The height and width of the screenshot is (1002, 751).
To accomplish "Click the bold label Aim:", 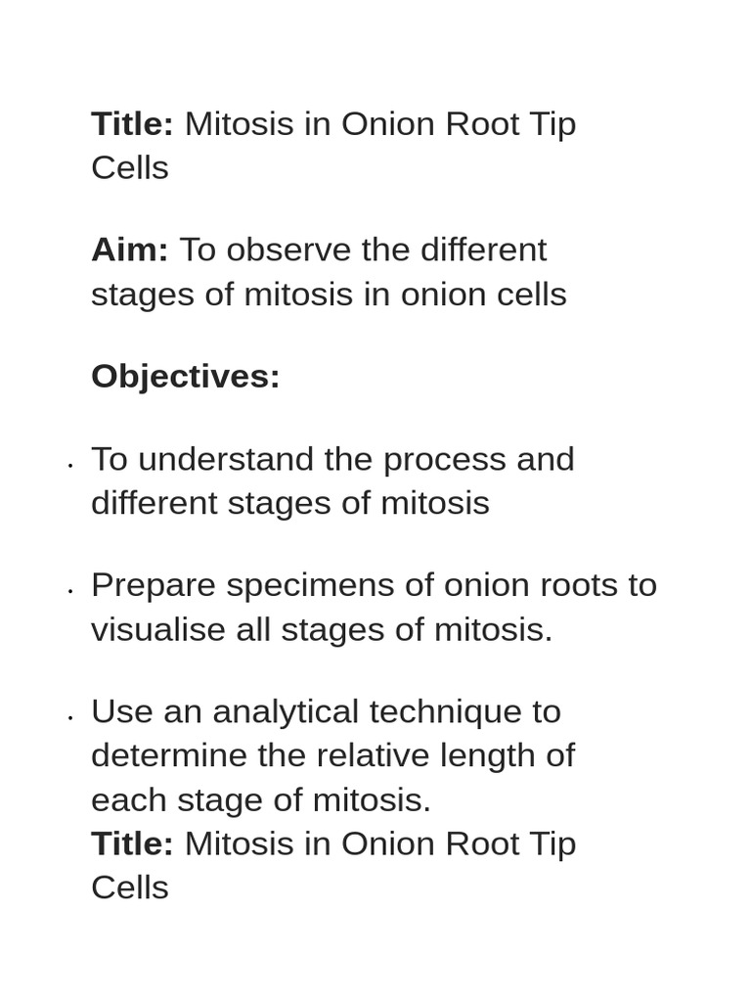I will point(129,250).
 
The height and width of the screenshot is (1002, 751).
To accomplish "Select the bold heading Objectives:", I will point(185,376).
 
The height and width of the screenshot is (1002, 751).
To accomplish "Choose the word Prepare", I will point(154,585).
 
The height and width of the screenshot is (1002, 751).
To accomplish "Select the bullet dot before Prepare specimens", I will point(70,591).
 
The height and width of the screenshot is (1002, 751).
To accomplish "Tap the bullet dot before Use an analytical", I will point(70,717).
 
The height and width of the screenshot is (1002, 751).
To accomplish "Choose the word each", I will point(129,799).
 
